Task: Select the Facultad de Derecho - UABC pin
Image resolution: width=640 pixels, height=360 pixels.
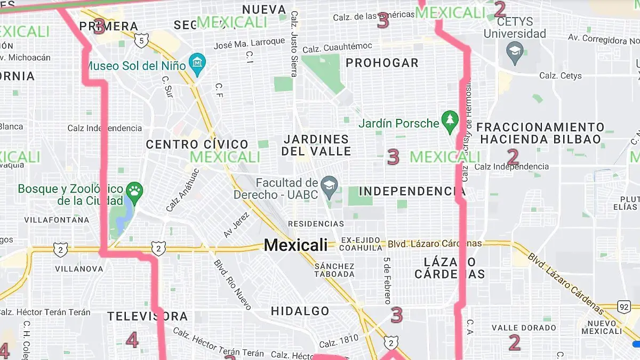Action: click(329, 188)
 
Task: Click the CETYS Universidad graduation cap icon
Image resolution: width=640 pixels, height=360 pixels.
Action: click(515, 53)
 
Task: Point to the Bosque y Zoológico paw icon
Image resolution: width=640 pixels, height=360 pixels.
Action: click(133, 193)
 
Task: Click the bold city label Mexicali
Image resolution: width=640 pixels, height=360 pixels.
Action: click(295, 245)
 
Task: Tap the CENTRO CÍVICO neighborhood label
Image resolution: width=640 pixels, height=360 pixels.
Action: click(197, 145)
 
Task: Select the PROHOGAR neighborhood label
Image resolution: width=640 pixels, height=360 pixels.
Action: click(382, 63)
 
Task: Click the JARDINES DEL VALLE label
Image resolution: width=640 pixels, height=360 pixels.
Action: click(316, 145)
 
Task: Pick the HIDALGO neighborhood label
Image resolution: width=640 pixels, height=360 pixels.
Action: click(300, 311)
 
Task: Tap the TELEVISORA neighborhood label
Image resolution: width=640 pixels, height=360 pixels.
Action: click(147, 316)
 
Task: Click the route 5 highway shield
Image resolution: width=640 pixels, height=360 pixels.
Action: click(141, 41)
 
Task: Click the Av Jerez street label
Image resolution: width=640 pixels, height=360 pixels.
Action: click(236, 225)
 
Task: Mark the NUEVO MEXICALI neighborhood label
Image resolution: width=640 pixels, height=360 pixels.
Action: click(601, 327)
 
